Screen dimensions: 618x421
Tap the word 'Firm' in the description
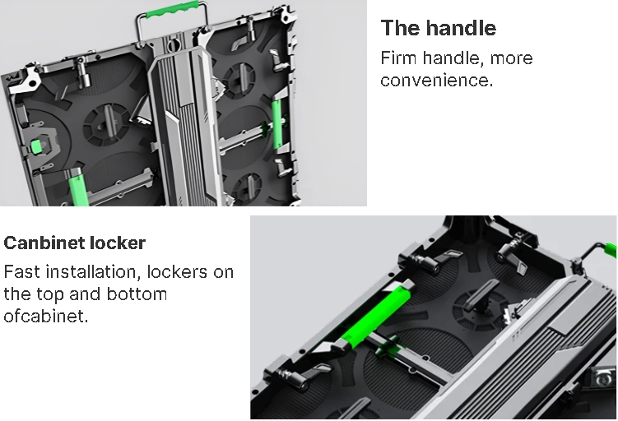point(398,58)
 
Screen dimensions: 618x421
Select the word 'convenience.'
point(437,81)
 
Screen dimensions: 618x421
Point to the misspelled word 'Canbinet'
point(44,243)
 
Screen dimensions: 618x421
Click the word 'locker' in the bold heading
point(118,243)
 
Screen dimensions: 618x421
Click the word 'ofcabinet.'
point(46,317)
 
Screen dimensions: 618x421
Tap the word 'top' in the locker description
point(49,295)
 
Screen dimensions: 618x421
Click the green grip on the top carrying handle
point(172,9)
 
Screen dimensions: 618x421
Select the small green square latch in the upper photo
point(36,146)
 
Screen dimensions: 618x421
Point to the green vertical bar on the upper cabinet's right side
point(277,123)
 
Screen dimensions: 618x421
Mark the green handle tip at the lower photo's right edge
point(611,250)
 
